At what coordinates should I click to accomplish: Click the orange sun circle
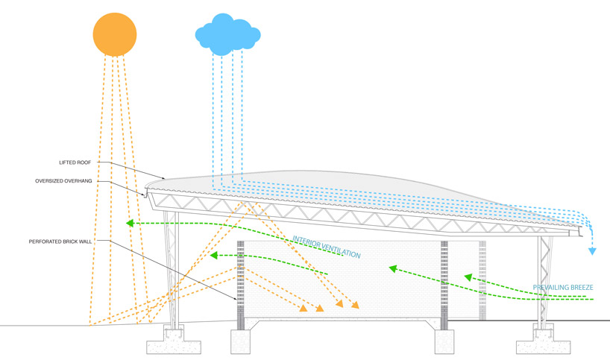point(115,35)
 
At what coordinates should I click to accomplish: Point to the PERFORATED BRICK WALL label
point(65,241)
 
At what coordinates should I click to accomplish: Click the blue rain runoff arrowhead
point(592,251)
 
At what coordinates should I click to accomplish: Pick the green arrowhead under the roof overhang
point(131,222)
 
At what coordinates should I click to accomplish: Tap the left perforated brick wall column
point(240,287)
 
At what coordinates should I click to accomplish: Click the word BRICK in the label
point(78,241)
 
